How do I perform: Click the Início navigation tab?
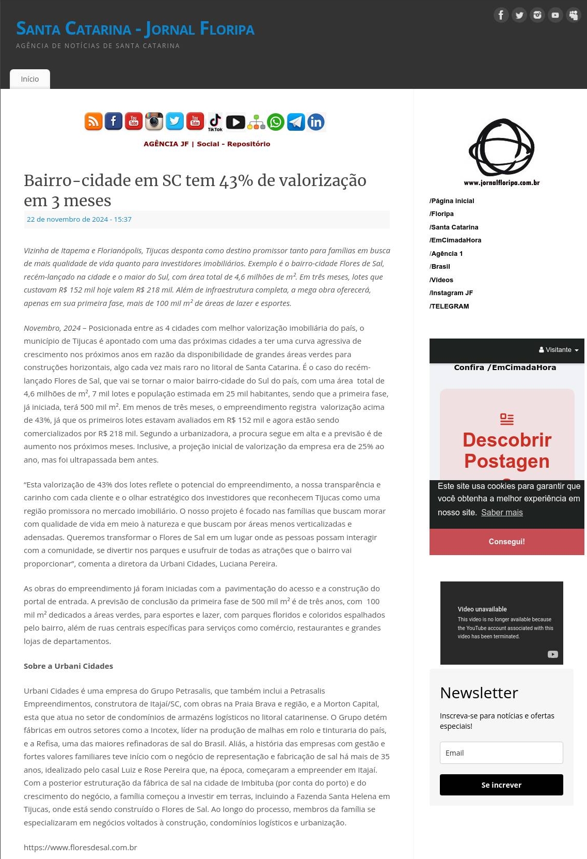[x=30, y=79]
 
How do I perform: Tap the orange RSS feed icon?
[x=93, y=121]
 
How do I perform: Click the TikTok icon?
[x=215, y=121]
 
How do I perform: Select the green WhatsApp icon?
[x=276, y=122]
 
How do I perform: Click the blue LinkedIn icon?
[x=316, y=122]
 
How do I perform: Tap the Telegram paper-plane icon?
[x=296, y=122]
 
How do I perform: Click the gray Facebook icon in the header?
[x=501, y=15]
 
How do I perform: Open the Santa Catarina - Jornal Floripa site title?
[x=135, y=29]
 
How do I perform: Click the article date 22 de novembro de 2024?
[x=79, y=219]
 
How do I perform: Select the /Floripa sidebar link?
[x=441, y=214]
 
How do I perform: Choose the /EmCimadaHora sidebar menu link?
[x=455, y=240]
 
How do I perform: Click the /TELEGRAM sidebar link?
[x=449, y=306]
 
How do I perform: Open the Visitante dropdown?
[x=559, y=350]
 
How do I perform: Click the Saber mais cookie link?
[x=502, y=513]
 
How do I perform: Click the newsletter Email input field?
[x=501, y=753]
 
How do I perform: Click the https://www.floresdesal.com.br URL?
[x=81, y=848]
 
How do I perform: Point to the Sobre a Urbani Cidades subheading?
[x=68, y=666]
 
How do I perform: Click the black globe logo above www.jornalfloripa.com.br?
[x=501, y=148]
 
